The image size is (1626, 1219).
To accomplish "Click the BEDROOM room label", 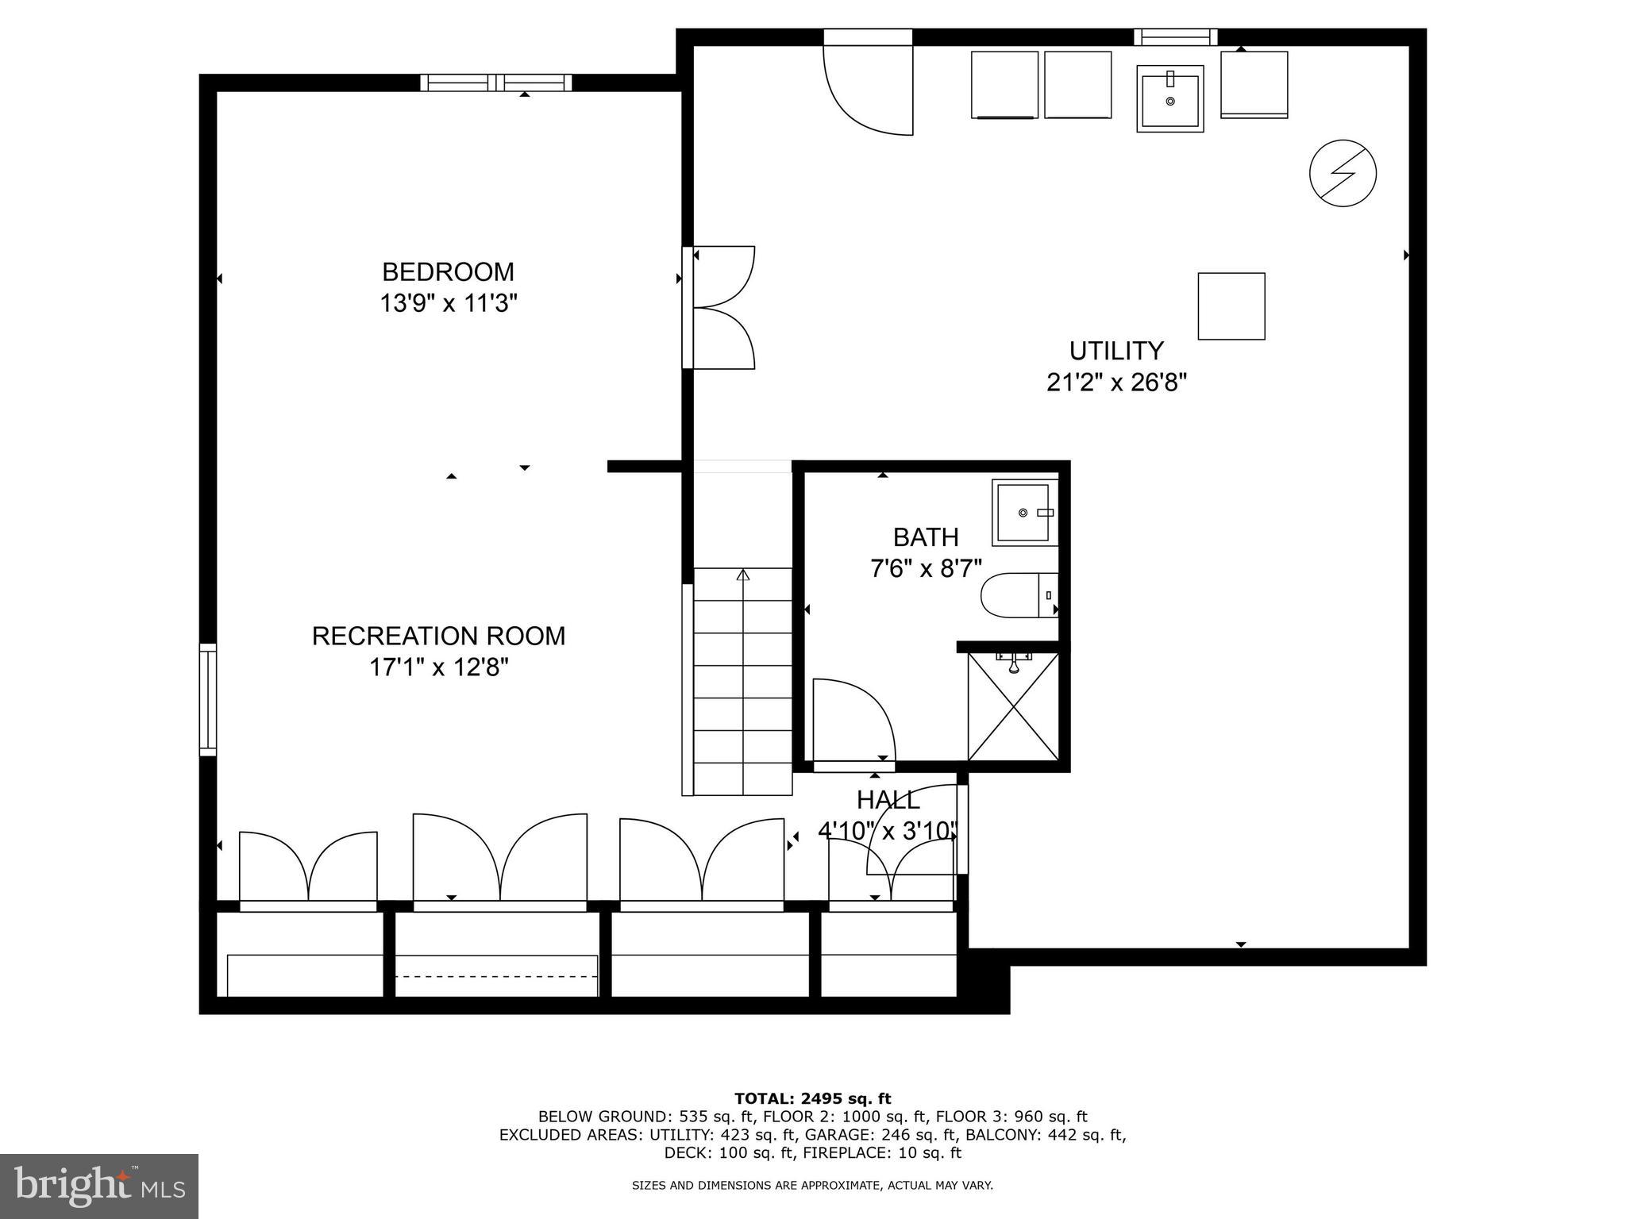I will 448,272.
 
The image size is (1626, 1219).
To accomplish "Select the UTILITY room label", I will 1115,351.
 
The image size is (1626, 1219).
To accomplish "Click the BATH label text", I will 926,537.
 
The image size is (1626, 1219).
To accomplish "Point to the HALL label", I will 888,799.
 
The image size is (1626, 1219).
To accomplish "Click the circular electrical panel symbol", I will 1342,173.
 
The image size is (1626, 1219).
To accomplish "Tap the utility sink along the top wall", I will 1169,98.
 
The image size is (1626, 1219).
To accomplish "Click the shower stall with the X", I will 1013,706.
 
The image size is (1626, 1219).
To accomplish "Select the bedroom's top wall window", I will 495,83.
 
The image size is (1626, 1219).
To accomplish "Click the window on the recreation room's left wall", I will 207,698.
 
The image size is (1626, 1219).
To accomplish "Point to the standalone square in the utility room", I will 1231,306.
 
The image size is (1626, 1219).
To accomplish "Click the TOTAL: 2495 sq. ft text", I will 812,1098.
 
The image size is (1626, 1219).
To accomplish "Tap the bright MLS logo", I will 99,1186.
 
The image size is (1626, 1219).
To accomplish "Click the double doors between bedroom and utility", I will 721,307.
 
